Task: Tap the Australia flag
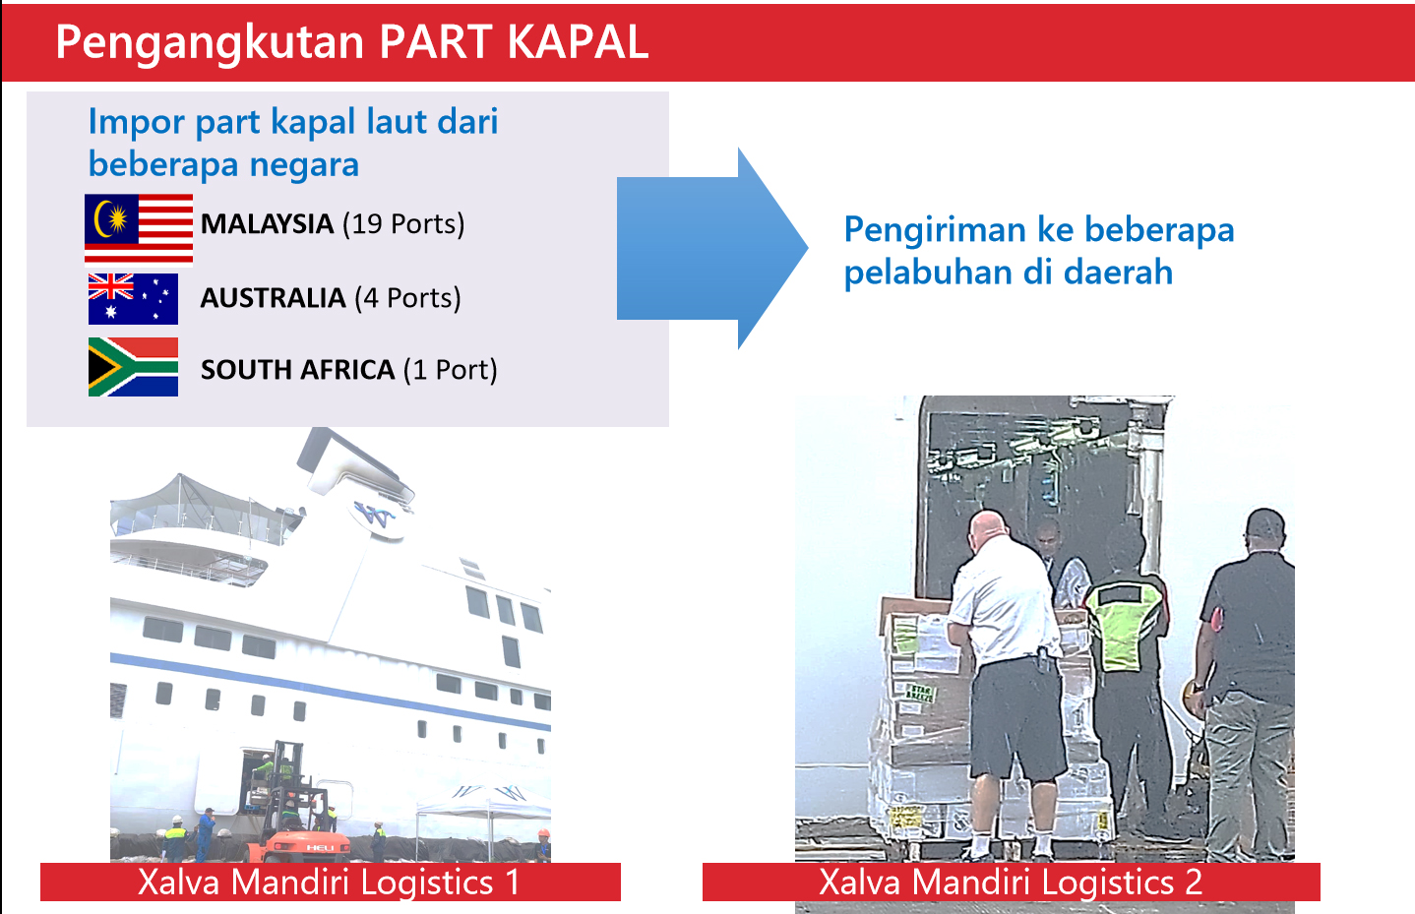[x=133, y=299]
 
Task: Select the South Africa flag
[x=133, y=367]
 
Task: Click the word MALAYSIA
[x=267, y=224]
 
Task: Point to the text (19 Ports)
[x=403, y=224]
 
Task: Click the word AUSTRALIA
[x=273, y=298]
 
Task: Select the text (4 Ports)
[x=407, y=298]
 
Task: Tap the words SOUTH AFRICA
[x=297, y=370]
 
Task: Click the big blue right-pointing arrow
[x=711, y=248]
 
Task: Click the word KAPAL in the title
[x=578, y=43]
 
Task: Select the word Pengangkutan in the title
[x=211, y=44]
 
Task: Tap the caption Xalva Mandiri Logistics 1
[x=329, y=882]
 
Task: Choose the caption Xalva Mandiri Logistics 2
[x=1011, y=882]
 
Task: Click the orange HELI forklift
[x=302, y=815]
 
